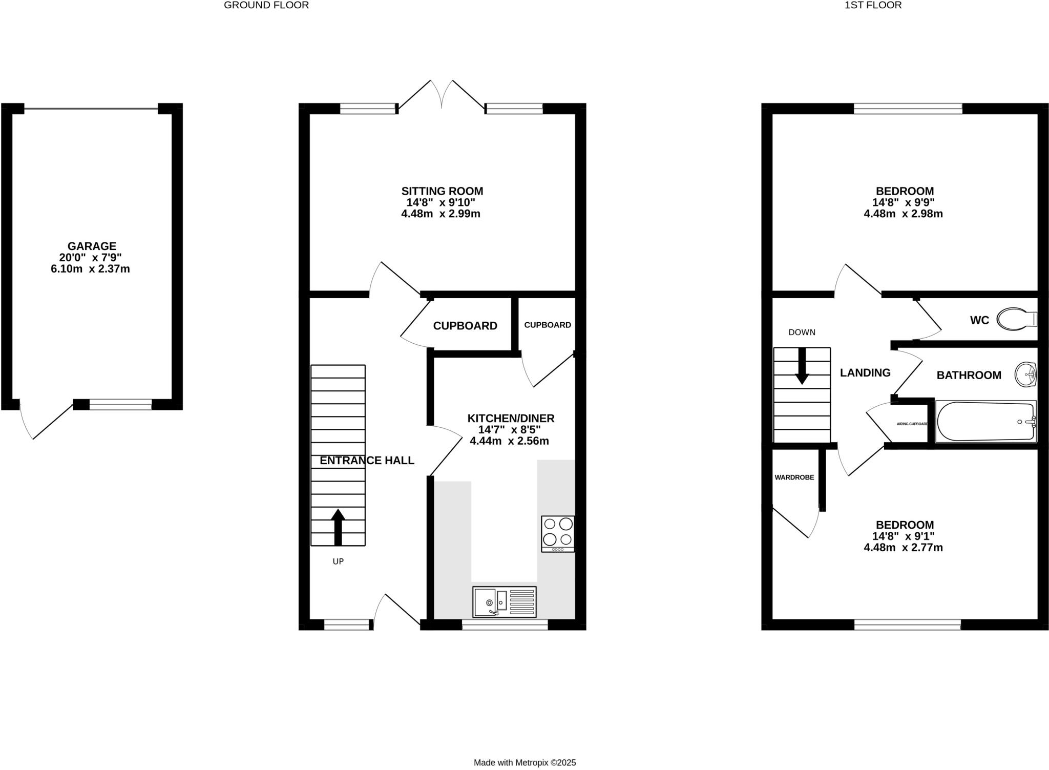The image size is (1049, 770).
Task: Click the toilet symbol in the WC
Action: [x=1017, y=319]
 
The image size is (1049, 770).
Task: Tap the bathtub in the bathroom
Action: [x=985, y=422]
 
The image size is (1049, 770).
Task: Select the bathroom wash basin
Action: [x=1026, y=374]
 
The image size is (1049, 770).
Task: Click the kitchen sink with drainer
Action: [x=504, y=601]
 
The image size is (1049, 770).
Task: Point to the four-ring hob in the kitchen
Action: [x=558, y=533]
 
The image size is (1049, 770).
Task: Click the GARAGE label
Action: [x=92, y=246]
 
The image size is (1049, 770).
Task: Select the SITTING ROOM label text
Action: [x=442, y=191]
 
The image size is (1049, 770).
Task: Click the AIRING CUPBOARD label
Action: [x=912, y=424]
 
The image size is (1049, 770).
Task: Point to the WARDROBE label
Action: [x=794, y=477]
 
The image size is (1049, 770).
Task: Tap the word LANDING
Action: [x=865, y=373]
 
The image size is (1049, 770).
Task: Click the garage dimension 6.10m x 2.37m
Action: [x=90, y=269]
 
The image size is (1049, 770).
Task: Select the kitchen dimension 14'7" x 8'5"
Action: [x=509, y=430]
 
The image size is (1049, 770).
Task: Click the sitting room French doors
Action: [x=442, y=95]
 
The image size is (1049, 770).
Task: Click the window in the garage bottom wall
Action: [x=120, y=405]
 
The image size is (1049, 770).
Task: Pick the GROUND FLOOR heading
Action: [x=266, y=6]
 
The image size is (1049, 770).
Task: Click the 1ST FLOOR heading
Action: [x=880, y=6]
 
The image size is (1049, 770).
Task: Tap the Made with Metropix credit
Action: [x=524, y=763]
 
